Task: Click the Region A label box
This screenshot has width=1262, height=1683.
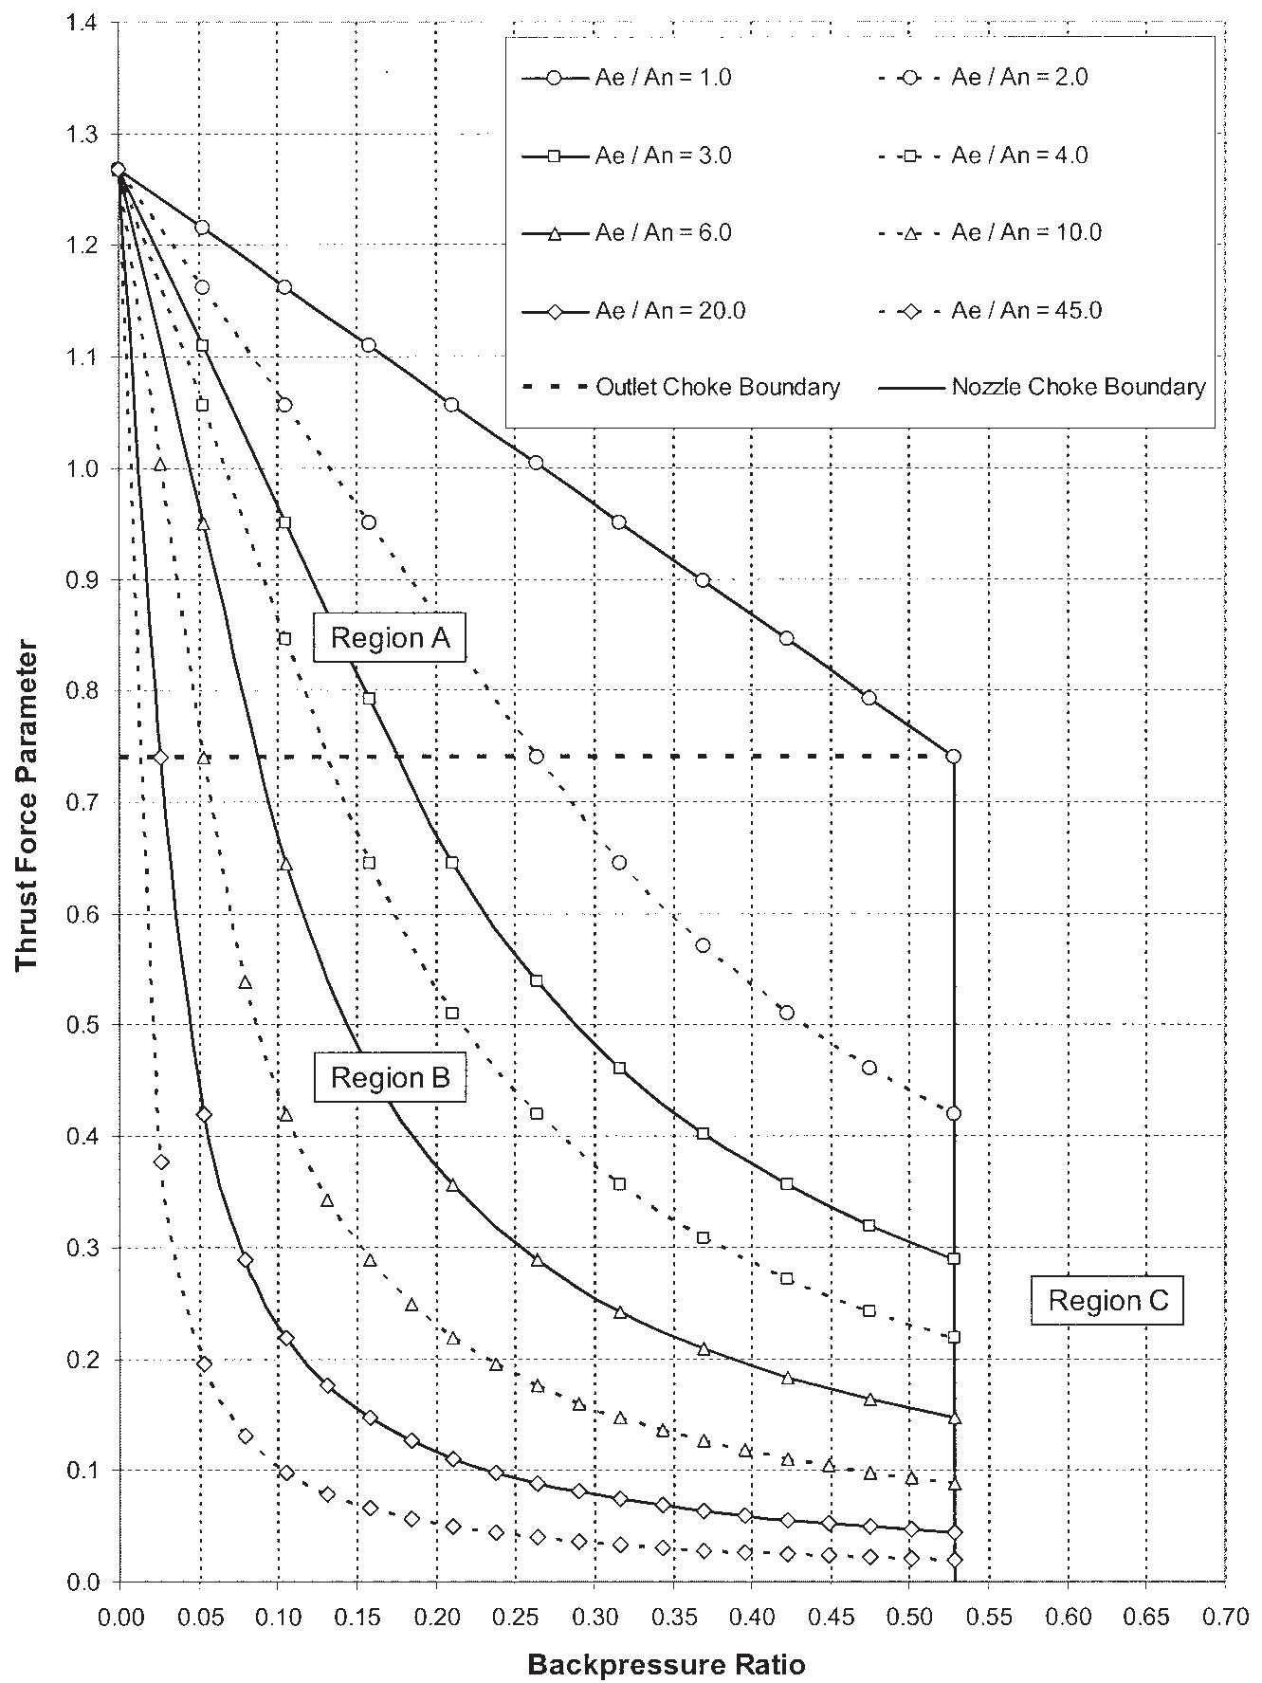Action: pyautogui.click(x=390, y=638)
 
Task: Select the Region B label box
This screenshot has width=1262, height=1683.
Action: pyautogui.click(x=390, y=1078)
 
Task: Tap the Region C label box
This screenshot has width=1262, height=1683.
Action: pyautogui.click(x=1107, y=1300)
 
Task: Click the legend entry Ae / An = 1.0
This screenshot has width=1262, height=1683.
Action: pyautogui.click(x=628, y=78)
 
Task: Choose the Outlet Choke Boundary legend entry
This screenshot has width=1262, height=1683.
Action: pyautogui.click(x=682, y=388)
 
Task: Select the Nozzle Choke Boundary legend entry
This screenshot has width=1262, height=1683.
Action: pyautogui.click(x=1044, y=388)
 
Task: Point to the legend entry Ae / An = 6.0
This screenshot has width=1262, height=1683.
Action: pyautogui.click(x=628, y=233)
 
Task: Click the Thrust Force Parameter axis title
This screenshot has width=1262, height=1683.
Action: pyautogui.click(x=27, y=806)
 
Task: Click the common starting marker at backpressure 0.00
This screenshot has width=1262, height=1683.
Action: pyautogui.click(x=119, y=170)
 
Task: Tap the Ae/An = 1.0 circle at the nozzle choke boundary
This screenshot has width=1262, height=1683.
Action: pyautogui.click(x=954, y=757)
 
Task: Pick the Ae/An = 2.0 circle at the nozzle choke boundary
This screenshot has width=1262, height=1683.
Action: pyautogui.click(x=954, y=1113)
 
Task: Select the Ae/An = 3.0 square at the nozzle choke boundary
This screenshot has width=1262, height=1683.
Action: pyautogui.click(x=954, y=1259)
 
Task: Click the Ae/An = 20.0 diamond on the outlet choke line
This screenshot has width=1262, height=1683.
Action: pyautogui.click(x=161, y=757)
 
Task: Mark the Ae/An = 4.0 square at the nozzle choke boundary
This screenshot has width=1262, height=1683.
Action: pyautogui.click(x=954, y=1337)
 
